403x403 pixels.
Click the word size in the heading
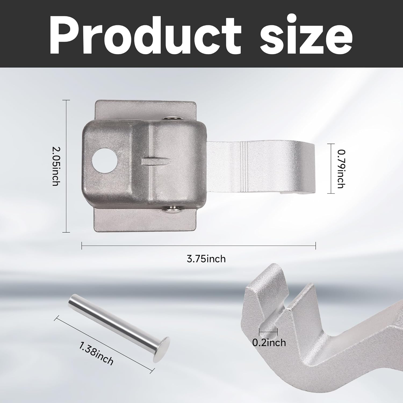[306, 36]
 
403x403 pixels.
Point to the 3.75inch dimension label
[206, 259]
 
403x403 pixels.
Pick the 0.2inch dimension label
[269, 343]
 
